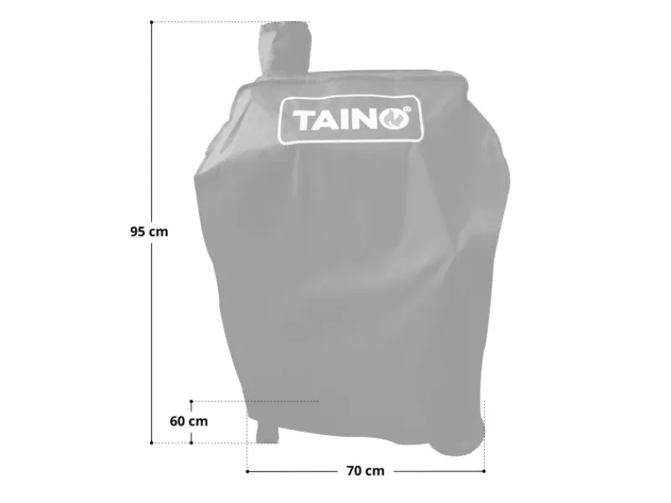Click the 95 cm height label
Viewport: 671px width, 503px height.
click(x=149, y=232)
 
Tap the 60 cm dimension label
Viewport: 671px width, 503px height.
click(x=189, y=422)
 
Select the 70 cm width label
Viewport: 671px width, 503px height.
click(x=366, y=471)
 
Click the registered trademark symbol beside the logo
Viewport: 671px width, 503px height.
click(x=408, y=110)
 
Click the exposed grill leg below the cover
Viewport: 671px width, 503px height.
click(x=267, y=433)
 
